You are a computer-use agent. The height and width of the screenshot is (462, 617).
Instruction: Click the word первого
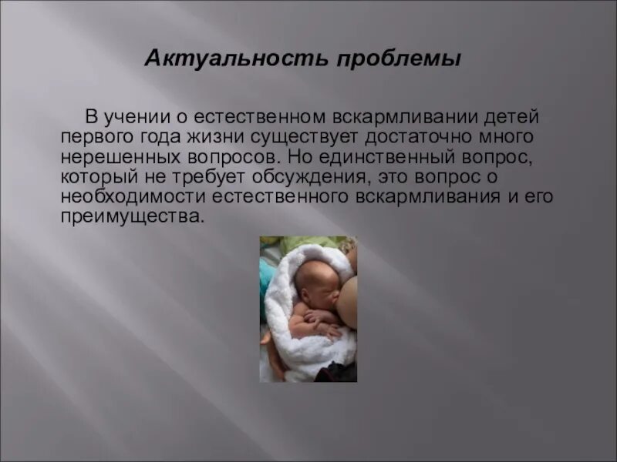coord(93,138)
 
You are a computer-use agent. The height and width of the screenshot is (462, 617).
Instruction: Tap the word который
coord(96,177)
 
